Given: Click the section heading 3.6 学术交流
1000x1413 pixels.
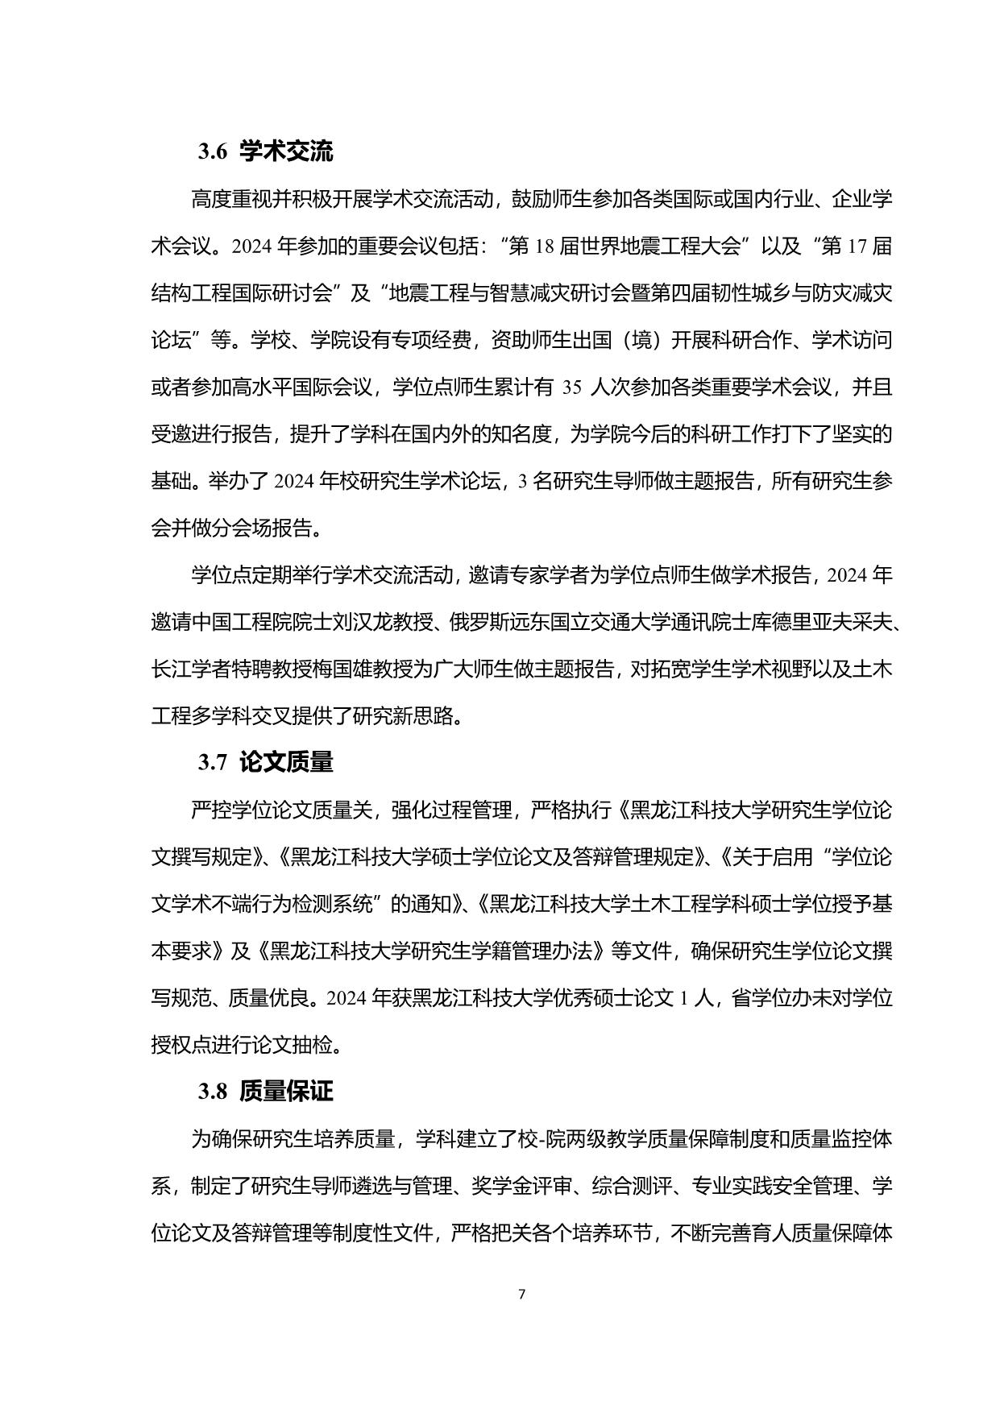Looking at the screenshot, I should (265, 152).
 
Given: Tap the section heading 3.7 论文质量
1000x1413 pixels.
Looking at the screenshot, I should (265, 762).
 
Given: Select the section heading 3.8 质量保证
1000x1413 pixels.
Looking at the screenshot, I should (265, 1092).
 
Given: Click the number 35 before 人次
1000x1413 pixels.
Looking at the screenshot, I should (571, 387).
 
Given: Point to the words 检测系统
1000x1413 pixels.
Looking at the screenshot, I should (340, 905).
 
